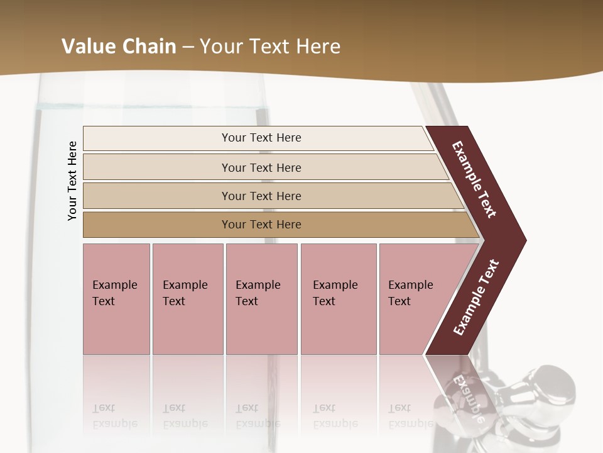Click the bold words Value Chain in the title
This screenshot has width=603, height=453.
pyautogui.click(x=119, y=47)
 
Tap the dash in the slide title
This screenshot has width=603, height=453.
pyautogui.click(x=188, y=47)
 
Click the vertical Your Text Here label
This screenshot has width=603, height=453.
pyautogui.click(x=72, y=181)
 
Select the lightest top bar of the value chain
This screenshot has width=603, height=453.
pyautogui.click(x=261, y=138)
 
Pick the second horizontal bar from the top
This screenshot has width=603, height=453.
pyautogui.click(x=261, y=167)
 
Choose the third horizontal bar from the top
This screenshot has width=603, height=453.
pyautogui.click(x=261, y=196)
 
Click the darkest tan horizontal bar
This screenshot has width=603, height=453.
pyautogui.click(x=261, y=225)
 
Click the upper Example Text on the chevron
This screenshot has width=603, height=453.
pyautogui.click(x=474, y=179)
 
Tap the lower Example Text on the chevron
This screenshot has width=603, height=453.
pyautogui.click(x=475, y=298)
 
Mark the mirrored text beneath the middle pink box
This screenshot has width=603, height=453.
pyautogui.click(x=258, y=416)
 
